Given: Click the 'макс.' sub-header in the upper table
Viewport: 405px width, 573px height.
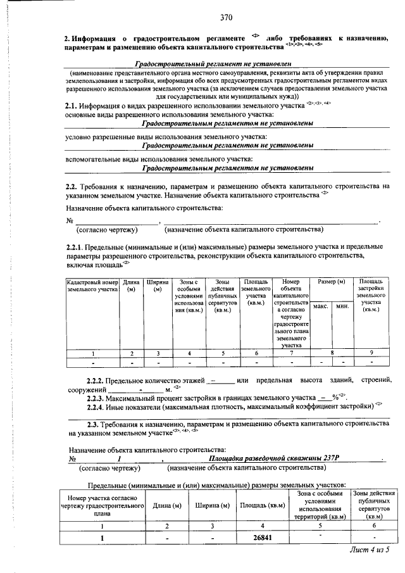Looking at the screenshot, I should [321, 306].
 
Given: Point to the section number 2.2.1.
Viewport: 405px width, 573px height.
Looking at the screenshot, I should [77, 247].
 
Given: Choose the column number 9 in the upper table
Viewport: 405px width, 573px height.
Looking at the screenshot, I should [371, 353].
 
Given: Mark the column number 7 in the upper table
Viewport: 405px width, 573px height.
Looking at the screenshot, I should [290, 353].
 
